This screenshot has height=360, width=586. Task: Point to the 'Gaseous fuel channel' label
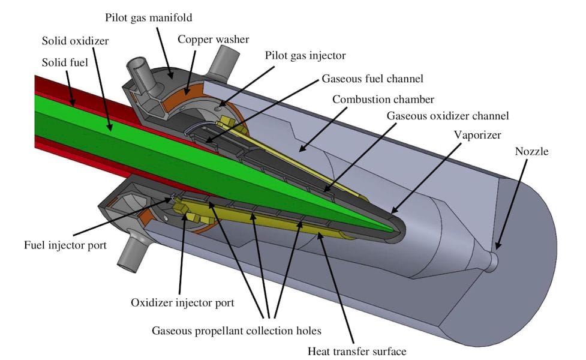372,79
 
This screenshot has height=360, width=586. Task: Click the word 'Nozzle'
531,151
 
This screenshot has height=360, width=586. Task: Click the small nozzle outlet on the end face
493,260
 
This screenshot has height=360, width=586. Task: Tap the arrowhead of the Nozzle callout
497,247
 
